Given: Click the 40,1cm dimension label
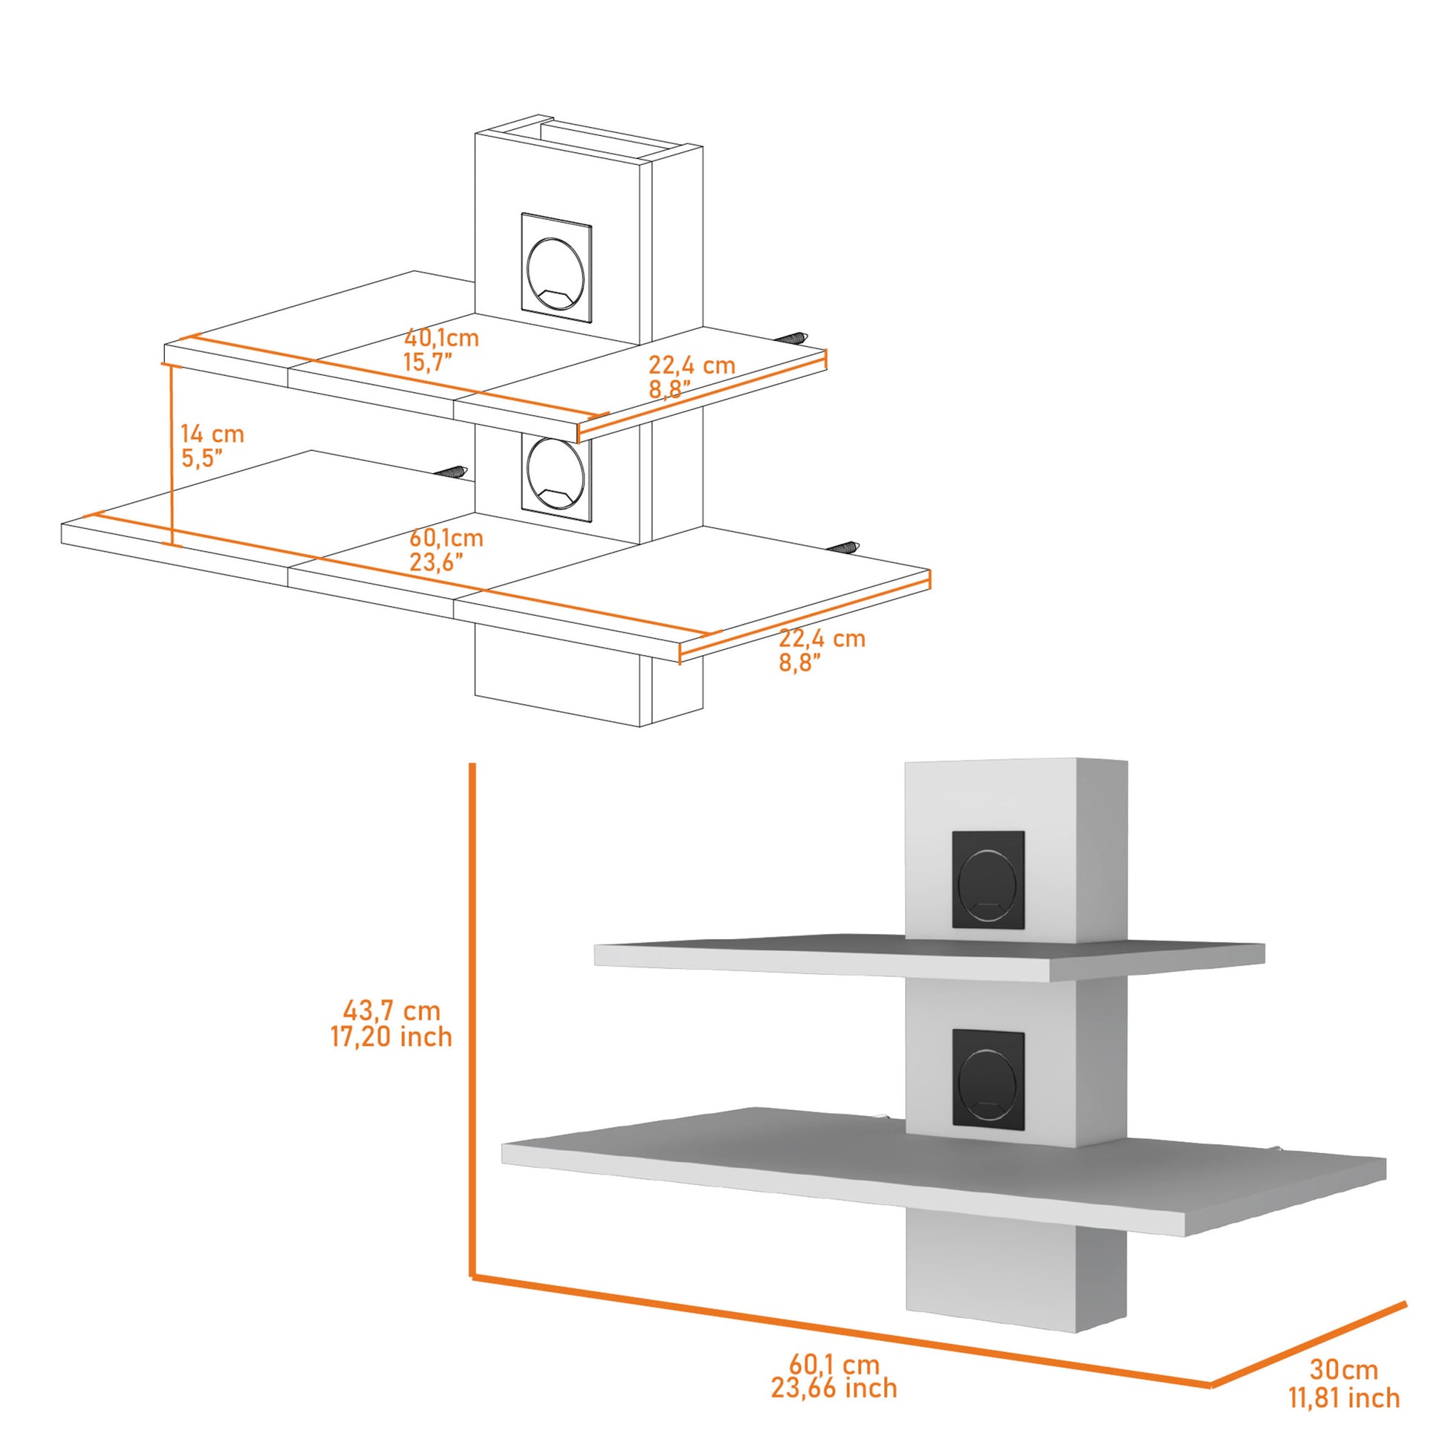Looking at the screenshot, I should [441, 338].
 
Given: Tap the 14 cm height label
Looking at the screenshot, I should [212, 434].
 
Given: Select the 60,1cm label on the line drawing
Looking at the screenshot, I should [446, 538].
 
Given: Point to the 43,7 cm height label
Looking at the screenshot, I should [392, 1011].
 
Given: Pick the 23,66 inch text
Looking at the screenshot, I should [834, 1367].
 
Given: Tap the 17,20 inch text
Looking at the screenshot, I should [392, 1037].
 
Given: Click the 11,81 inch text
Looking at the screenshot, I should [1343, 1355].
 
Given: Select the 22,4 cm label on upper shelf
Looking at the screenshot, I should [692, 366].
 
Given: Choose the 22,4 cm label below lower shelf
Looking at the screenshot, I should [822, 639].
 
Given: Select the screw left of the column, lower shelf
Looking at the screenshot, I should [451, 472].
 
